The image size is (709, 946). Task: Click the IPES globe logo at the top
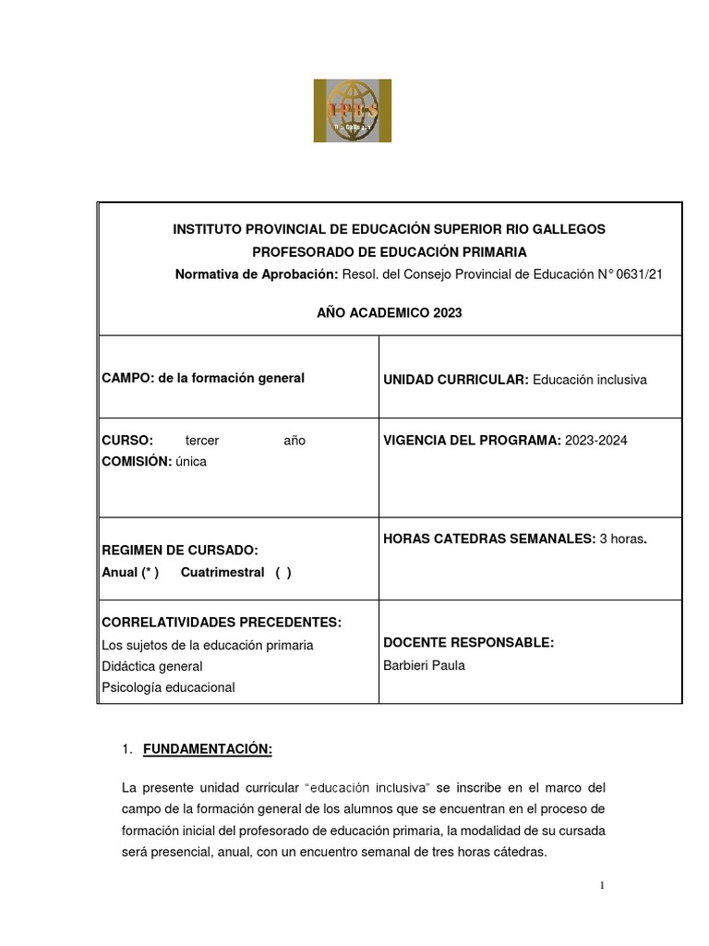(352, 111)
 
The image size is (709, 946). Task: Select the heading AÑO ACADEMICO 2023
(389, 313)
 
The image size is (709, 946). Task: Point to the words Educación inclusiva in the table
(590, 380)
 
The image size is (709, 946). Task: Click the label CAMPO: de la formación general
(203, 379)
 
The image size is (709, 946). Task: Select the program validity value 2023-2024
(595, 441)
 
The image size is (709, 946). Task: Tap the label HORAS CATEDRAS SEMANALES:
(488, 539)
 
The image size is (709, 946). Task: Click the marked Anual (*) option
(130, 572)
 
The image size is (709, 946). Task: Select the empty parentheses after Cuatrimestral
(282, 572)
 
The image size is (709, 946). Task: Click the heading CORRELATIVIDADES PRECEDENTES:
(222, 622)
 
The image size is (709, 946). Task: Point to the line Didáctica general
(152, 666)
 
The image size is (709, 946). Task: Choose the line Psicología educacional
(168, 687)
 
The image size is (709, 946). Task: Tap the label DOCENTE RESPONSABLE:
(468, 643)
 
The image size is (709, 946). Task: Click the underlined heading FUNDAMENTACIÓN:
(208, 749)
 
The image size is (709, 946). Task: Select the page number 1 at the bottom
(602, 886)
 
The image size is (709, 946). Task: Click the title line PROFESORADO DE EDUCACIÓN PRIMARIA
(389, 251)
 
